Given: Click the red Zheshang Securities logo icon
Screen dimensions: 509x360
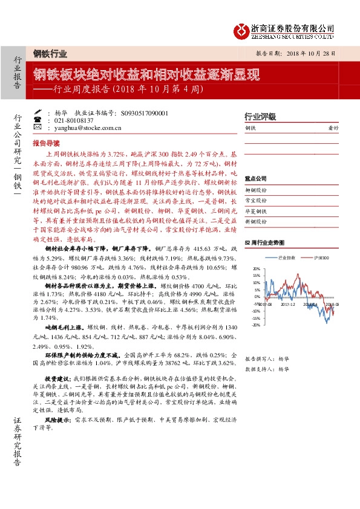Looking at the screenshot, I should pos(241,29).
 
